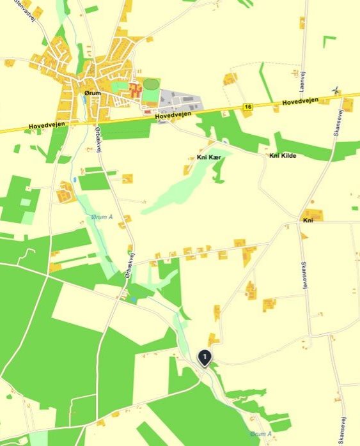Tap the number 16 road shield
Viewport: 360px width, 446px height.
click(x=247, y=106)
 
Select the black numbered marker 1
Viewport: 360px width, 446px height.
click(x=204, y=357)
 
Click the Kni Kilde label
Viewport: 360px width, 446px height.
click(x=283, y=156)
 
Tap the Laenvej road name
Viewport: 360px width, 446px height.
click(x=301, y=82)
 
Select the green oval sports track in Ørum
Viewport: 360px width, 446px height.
click(x=151, y=84)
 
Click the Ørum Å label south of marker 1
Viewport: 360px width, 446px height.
click(x=260, y=433)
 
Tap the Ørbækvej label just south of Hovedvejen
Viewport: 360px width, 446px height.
click(x=98, y=137)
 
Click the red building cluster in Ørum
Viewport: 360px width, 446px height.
click(x=135, y=91)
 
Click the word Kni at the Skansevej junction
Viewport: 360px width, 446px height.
click(x=308, y=220)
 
